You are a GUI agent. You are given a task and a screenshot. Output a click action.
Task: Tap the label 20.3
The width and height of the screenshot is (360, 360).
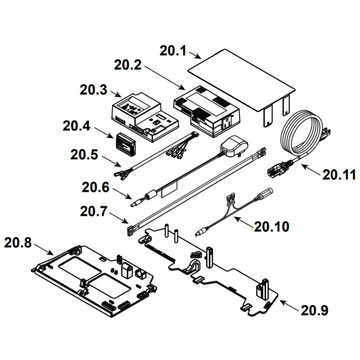pyautogui.click(x=93, y=89)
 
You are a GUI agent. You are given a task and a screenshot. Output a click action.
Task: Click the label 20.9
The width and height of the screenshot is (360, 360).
pyautogui.click(x=315, y=310)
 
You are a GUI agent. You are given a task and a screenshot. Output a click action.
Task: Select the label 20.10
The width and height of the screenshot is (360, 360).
pyautogui.click(x=271, y=226)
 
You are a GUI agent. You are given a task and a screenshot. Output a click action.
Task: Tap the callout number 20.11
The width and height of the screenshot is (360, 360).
pyautogui.click(x=339, y=175)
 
